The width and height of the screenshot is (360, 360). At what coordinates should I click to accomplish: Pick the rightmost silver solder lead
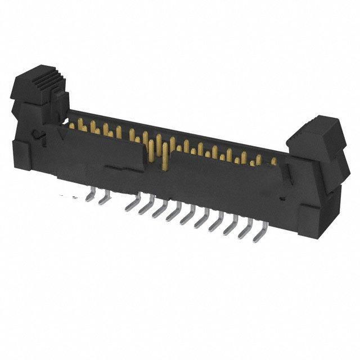259,230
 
